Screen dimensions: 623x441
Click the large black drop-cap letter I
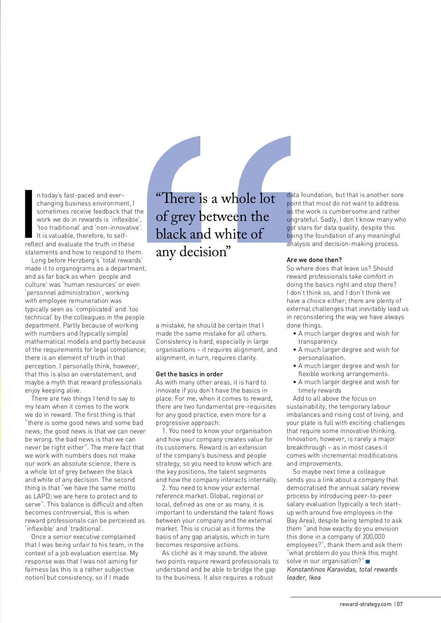pos(29,214)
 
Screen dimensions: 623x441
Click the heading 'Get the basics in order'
pos(189,374)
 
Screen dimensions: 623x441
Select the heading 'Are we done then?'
pos(314,260)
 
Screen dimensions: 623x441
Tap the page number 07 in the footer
pos(400,604)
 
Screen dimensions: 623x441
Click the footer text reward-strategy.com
pos(365,604)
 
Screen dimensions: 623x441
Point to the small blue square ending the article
pos(368,561)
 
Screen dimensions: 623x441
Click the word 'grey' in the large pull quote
pos(183,217)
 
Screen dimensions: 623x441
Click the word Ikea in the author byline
pos(315,577)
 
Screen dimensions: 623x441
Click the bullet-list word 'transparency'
pos(318,341)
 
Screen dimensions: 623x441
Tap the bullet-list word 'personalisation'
pos(321,358)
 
